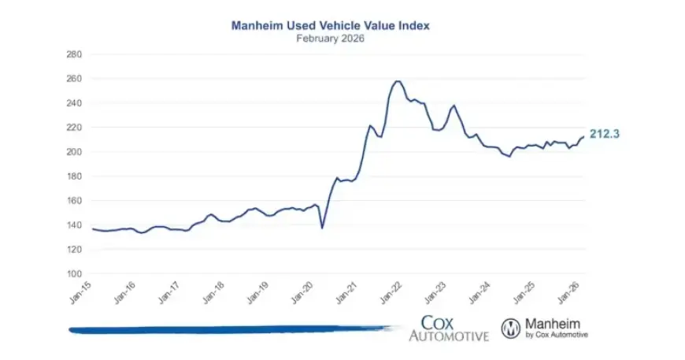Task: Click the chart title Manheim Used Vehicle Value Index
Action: coord(330,25)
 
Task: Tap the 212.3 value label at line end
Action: coord(605,135)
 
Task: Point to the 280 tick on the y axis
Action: coord(73,54)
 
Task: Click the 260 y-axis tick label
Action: coord(73,79)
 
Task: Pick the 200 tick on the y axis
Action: coord(73,152)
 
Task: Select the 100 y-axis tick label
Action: coord(73,274)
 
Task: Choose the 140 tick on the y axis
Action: coord(73,225)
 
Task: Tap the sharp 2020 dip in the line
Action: coord(322,228)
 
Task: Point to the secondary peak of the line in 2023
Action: coord(454,106)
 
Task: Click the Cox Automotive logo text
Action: coord(448,328)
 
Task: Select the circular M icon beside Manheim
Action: coord(512,328)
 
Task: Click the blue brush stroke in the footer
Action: coord(228,329)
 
